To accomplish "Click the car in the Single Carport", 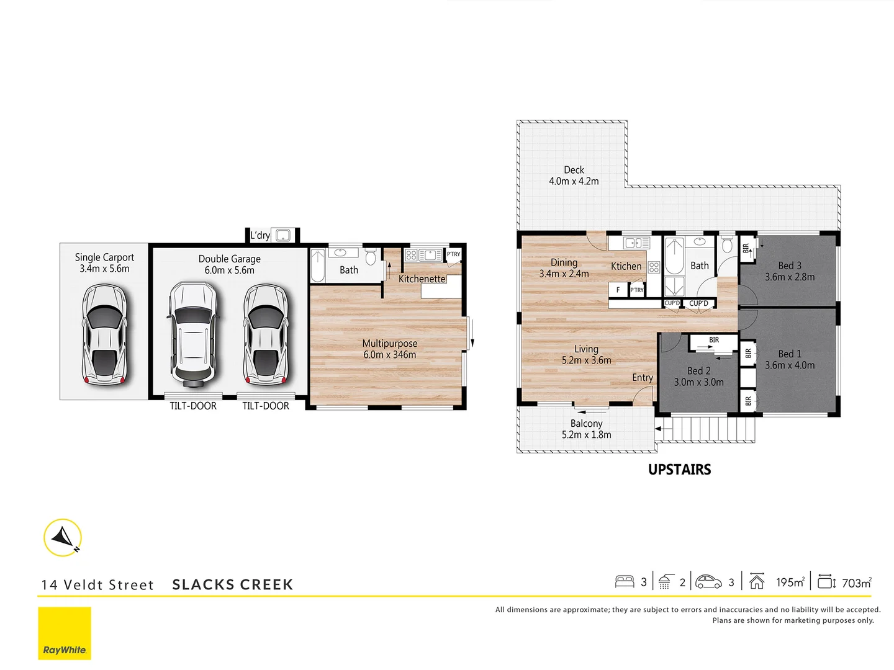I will (x=104, y=334).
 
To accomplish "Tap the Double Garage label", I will (x=229, y=264).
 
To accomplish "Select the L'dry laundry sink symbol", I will (x=283, y=235).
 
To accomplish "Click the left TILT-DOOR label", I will (x=193, y=406).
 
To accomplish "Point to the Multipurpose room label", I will (x=390, y=349).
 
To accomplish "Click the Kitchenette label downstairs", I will (x=422, y=279).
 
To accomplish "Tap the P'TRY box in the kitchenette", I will (x=454, y=254).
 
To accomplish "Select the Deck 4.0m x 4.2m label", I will (x=574, y=176).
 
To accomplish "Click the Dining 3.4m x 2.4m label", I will (x=564, y=268).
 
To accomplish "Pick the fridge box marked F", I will (x=618, y=290).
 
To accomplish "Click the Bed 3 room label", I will (x=790, y=271).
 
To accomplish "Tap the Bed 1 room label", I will (x=790, y=359).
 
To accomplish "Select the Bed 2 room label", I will (x=699, y=376).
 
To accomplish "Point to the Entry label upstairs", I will (x=643, y=378).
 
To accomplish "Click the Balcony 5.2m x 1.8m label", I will (x=586, y=429).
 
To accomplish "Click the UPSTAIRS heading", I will (x=679, y=470).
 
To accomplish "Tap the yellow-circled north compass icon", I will (x=63, y=537).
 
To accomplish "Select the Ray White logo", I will (x=65, y=633).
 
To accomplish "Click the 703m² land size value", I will (x=856, y=583).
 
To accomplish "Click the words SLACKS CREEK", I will (x=232, y=584).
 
